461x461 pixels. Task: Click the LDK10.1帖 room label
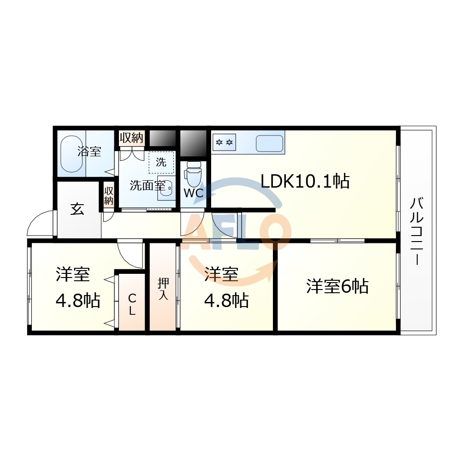[x=305, y=181]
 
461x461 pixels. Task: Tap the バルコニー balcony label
[x=417, y=231]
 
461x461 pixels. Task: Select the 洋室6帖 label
[x=337, y=286]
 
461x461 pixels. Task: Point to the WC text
[x=194, y=193]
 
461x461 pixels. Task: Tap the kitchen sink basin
[x=269, y=143]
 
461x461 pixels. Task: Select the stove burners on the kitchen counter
[x=224, y=142]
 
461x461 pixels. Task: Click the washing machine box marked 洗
[x=161, y=162]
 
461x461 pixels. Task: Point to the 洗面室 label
[x=148, y=185]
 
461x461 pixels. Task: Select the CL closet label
[x=132, y=305]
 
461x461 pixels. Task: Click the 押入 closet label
[x=163, y=289]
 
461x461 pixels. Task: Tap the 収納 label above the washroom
[x=131, y=137]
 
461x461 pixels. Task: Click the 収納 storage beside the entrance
[x=109, y=196]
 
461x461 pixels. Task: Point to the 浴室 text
[x=89, y=151]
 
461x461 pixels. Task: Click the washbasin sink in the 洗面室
[x=165, y=188]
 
